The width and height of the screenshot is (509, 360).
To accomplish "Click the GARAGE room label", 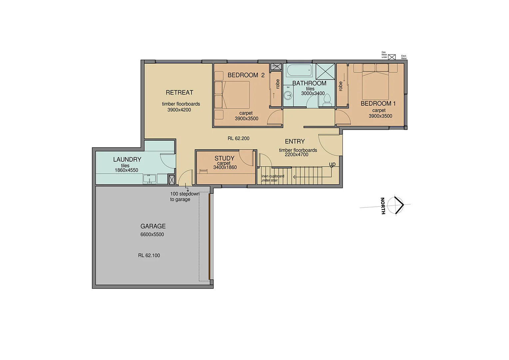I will tap(153, 226).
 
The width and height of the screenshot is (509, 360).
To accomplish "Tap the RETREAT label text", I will tap(180, 92).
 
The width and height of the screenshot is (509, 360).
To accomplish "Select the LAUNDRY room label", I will tap(127, 159).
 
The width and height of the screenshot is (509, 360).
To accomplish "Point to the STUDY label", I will tap(224, 158).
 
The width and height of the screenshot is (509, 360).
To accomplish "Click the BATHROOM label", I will tap(309, 83).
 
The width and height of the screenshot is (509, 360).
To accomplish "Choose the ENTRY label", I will tap(295, 141).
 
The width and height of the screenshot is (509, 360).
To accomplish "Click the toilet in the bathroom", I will tap(327, 99).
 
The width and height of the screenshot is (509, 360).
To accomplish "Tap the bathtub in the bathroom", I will tap(299, 70).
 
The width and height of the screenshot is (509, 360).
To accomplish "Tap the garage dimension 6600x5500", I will tap(152, 234).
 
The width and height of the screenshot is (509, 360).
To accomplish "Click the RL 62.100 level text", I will tap(149, 255).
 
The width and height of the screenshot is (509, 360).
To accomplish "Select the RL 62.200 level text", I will tap(239, 138).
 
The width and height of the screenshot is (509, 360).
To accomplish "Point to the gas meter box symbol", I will tap(392, 57).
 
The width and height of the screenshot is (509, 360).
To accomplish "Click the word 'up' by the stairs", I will tap(332, 164).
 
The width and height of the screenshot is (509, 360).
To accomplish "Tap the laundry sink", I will tap(150, 179).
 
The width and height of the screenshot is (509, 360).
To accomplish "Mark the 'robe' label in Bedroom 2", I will tap(277, 84).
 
